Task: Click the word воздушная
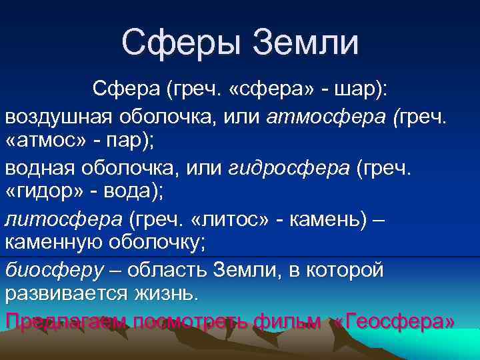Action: point(58,118)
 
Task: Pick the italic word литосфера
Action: point(64,220)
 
